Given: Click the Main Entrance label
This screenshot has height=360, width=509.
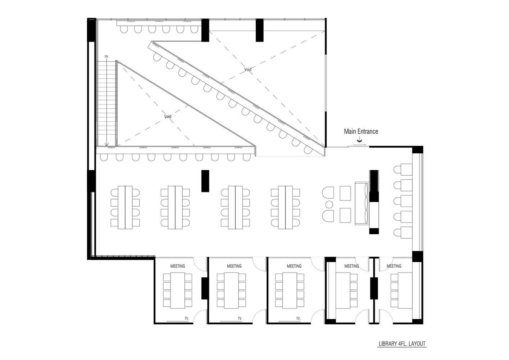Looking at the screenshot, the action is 361,131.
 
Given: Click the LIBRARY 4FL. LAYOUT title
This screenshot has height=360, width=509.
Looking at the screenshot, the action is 402,350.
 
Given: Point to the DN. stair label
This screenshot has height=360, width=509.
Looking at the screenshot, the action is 106,57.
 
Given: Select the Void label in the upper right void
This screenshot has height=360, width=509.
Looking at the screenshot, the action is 248,69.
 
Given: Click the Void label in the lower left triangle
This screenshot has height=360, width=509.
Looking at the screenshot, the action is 168,116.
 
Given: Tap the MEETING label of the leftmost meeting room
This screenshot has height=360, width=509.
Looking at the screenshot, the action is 178,266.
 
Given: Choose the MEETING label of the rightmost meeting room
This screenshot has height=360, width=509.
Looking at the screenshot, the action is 394,266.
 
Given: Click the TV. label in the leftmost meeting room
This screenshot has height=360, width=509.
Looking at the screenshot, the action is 187,318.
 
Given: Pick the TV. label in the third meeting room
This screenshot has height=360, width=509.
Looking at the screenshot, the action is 298,318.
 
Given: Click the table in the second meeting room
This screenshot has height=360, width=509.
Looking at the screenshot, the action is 231,291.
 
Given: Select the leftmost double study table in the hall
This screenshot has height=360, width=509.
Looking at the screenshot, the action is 125,207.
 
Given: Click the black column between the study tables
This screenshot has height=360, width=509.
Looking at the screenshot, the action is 205,181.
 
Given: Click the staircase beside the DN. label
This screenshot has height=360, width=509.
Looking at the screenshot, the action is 106,103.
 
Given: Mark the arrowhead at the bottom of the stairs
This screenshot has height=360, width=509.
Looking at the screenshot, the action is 106,144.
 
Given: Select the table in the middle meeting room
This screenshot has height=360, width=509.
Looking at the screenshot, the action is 290,291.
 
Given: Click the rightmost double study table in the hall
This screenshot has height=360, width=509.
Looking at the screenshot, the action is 285,207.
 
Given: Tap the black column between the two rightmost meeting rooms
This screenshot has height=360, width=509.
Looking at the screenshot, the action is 374,288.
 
